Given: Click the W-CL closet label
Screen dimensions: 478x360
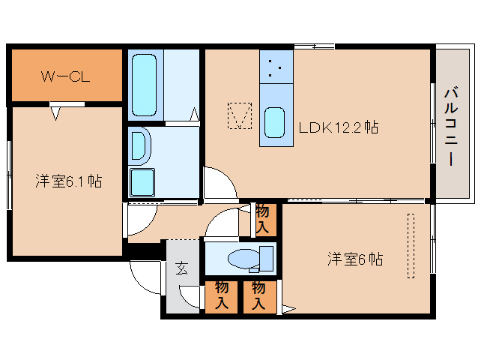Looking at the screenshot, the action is click(x=65, y=76).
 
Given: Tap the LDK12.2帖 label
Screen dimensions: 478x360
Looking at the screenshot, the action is click(x=339, y=127).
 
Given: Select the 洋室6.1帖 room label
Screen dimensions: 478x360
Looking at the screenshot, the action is click(x=69, y=181).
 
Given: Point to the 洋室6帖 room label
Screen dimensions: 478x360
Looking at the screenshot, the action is click(x=355, y=259).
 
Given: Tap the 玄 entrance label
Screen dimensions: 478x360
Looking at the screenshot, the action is click(x=182, y=268).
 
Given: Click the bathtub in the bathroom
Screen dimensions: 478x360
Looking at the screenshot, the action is click(x=144, y=85).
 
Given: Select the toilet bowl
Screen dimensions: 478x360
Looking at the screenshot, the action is click(x=243, y=259).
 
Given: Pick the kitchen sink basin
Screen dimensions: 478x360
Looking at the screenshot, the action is click(x=274, y=123).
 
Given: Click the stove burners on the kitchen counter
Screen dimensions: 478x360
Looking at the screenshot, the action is click(x=275, y=67).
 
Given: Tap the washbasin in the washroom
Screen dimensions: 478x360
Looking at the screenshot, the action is click(x=140, y=146).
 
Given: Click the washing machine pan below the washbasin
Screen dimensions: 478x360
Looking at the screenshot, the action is click(x=142, y=182).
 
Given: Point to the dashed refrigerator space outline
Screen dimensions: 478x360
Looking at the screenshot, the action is click(x=240, y=115).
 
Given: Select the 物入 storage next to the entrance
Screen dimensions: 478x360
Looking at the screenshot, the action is click(x=221, y=297).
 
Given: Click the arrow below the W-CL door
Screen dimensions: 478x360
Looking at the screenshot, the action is click(x=55, y=113).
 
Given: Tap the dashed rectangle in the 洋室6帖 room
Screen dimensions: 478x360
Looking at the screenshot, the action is click(x=411, y=246).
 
